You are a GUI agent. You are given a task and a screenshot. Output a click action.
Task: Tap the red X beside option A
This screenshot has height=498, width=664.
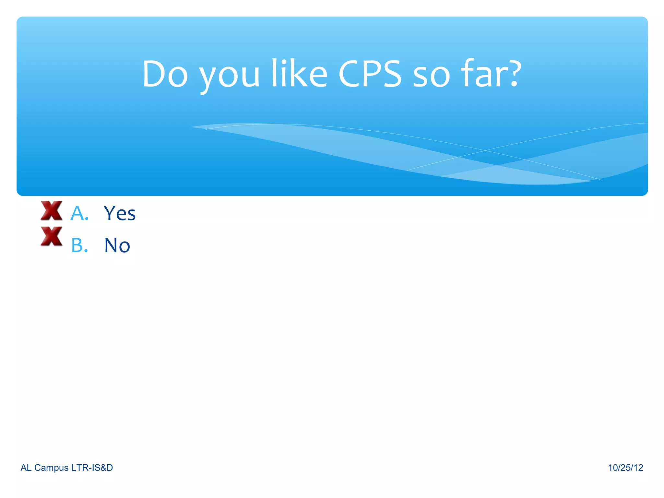[52, 211]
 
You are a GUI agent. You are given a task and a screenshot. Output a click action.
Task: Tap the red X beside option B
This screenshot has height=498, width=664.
[52, 236]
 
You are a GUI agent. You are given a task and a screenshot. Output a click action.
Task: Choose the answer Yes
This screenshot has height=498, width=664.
[120, 213]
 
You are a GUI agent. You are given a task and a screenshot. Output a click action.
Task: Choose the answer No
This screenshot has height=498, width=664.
[117, 245]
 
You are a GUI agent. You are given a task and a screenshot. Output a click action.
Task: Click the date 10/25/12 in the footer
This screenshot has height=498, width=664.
[625, 468]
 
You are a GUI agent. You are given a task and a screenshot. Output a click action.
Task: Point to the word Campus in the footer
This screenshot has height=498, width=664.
[52, 468]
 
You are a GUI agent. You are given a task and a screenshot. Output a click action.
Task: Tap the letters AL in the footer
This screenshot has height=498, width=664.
[26, 468]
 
